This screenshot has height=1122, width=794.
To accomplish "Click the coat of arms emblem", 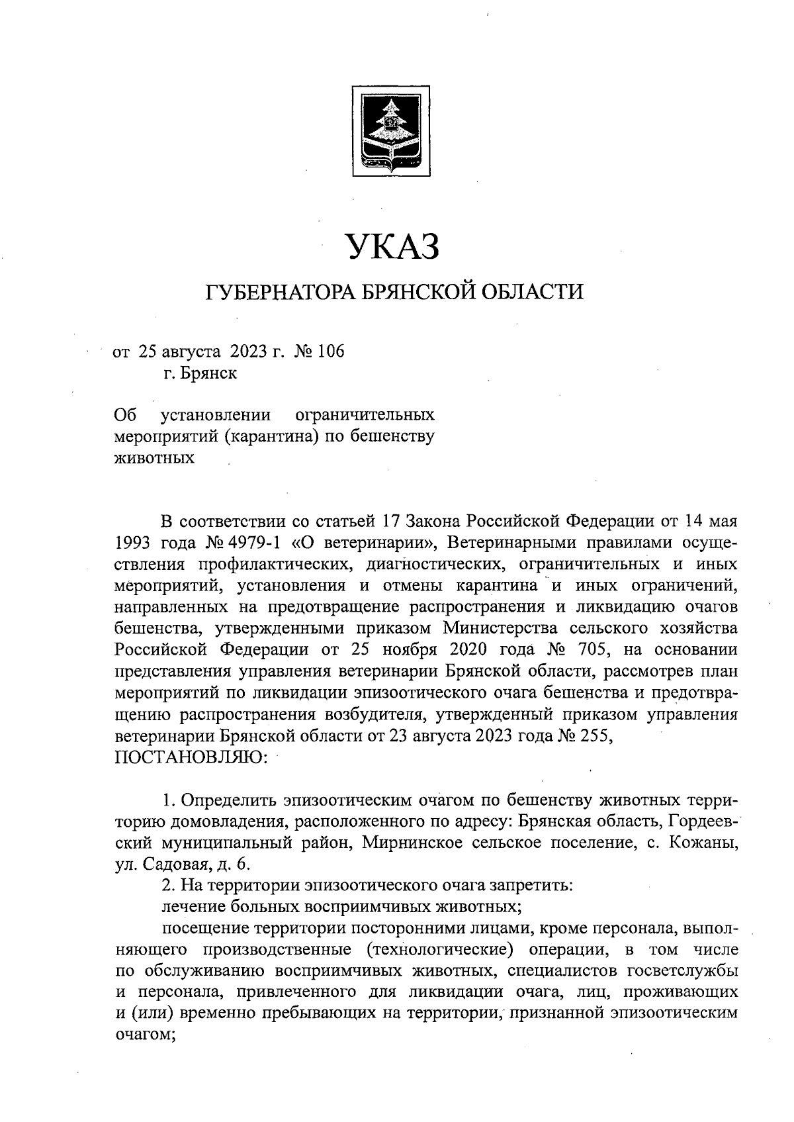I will [x=390, y=130].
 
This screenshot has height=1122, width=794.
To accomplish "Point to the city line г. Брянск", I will [x=200, y=373].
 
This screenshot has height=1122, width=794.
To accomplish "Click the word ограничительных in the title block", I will [x=365, y=415].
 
